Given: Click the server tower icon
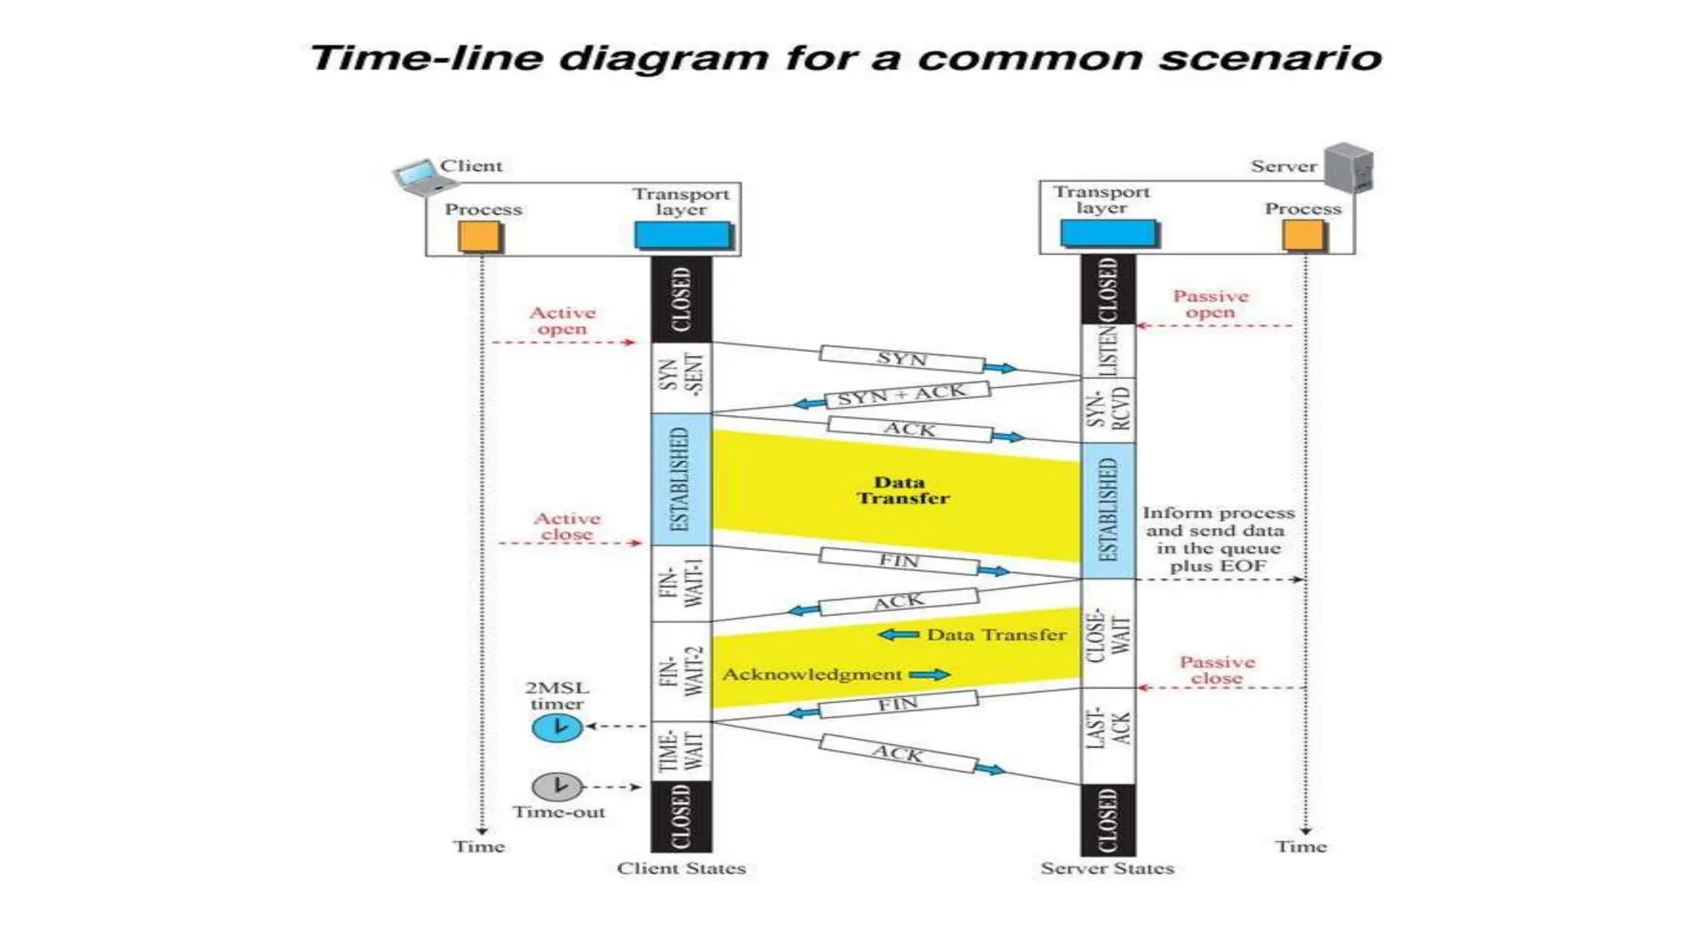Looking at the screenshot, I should [1348, 168].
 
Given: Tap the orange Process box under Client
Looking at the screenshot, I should [480, 237].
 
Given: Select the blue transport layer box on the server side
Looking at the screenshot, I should [1108, 233].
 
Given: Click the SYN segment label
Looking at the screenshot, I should [902, 358].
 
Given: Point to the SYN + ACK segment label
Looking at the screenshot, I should [902, 395].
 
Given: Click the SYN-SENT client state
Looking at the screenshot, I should [681, 376].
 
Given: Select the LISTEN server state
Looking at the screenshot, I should [1108, 351].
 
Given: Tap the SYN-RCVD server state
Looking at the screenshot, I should [1108, 409].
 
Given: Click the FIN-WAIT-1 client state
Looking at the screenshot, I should [681, 583].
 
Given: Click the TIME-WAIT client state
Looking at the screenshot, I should [681, 751].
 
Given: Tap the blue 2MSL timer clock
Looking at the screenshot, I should [557, 728].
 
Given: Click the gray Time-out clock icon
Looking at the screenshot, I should [557, 787].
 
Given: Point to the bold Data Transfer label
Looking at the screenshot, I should [902, 490].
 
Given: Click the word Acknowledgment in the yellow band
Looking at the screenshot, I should [812, 675].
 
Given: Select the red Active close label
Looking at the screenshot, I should [566, 526].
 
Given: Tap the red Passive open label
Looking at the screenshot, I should [1210, 304].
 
